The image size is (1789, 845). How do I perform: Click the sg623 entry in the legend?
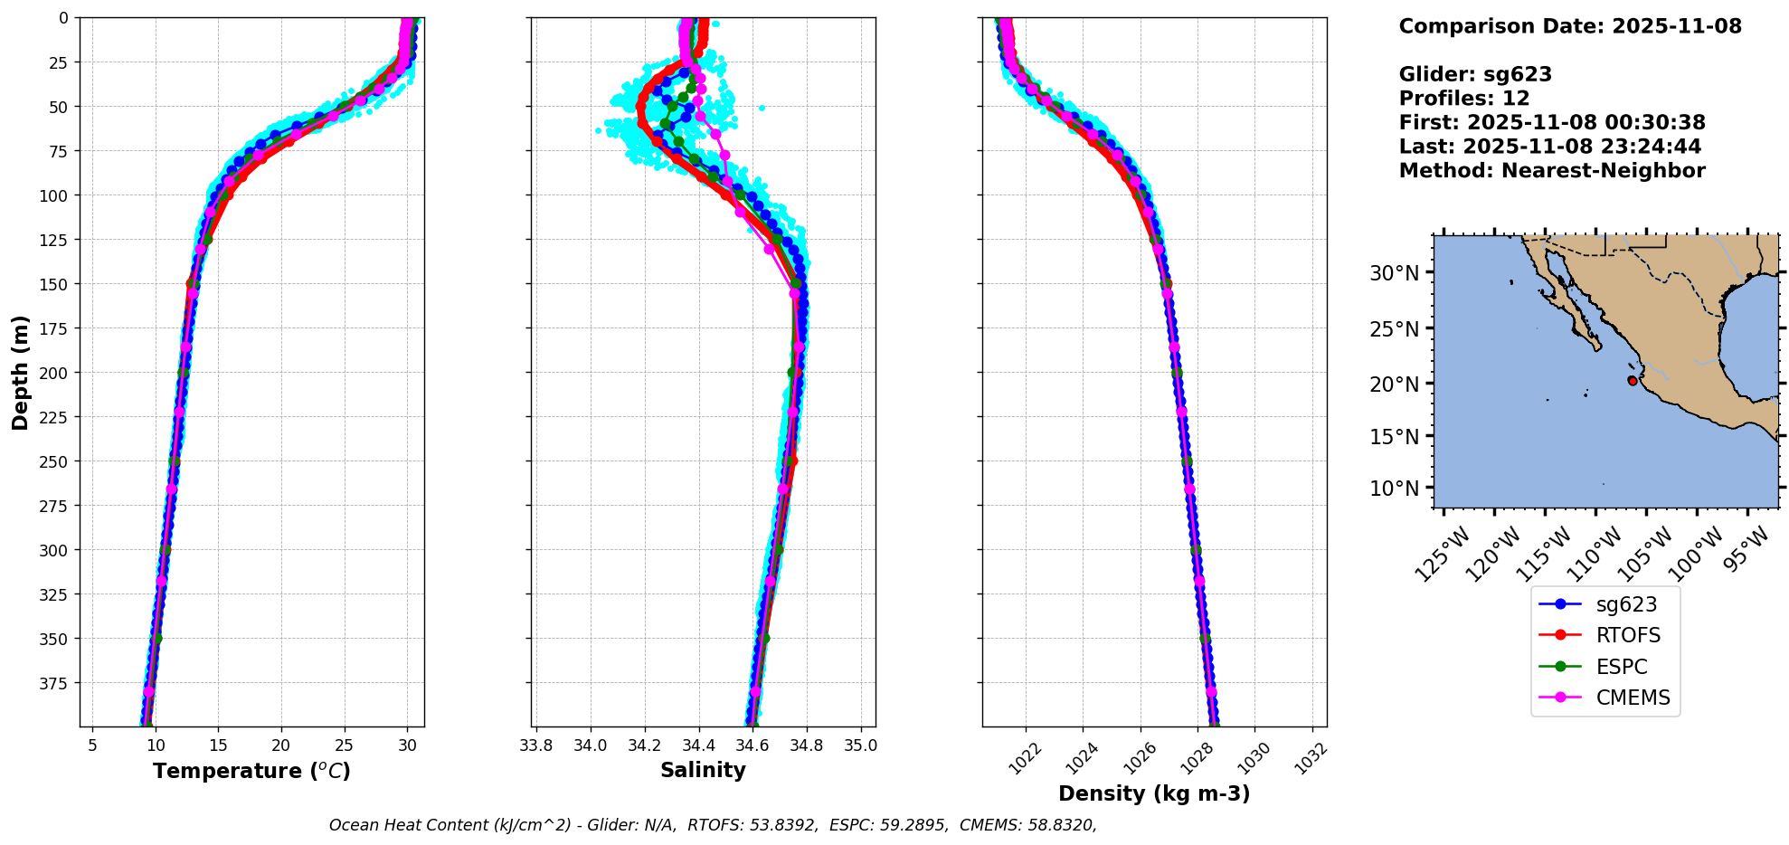(x=1625, y=604)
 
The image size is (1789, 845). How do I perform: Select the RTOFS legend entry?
(x=1628, y=635)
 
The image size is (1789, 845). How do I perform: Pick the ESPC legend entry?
(x=1621, y=667)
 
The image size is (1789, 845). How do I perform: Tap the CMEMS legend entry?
(x=1633, y=698)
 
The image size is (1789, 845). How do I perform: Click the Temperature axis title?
(x=251, y=771)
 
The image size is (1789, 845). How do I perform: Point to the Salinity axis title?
(x=703, y=770)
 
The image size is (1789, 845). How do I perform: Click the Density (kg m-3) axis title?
(x=1154, y=793)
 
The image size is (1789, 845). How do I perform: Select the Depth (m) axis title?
(x=21, y=372)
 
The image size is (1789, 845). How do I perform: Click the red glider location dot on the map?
(x=1633, y=381)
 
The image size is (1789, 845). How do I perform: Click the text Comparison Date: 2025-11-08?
(x=1570, y=26)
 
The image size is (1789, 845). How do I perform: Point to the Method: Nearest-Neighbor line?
(x=1552, y=171)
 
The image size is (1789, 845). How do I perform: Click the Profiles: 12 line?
(x=1464, y=99)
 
